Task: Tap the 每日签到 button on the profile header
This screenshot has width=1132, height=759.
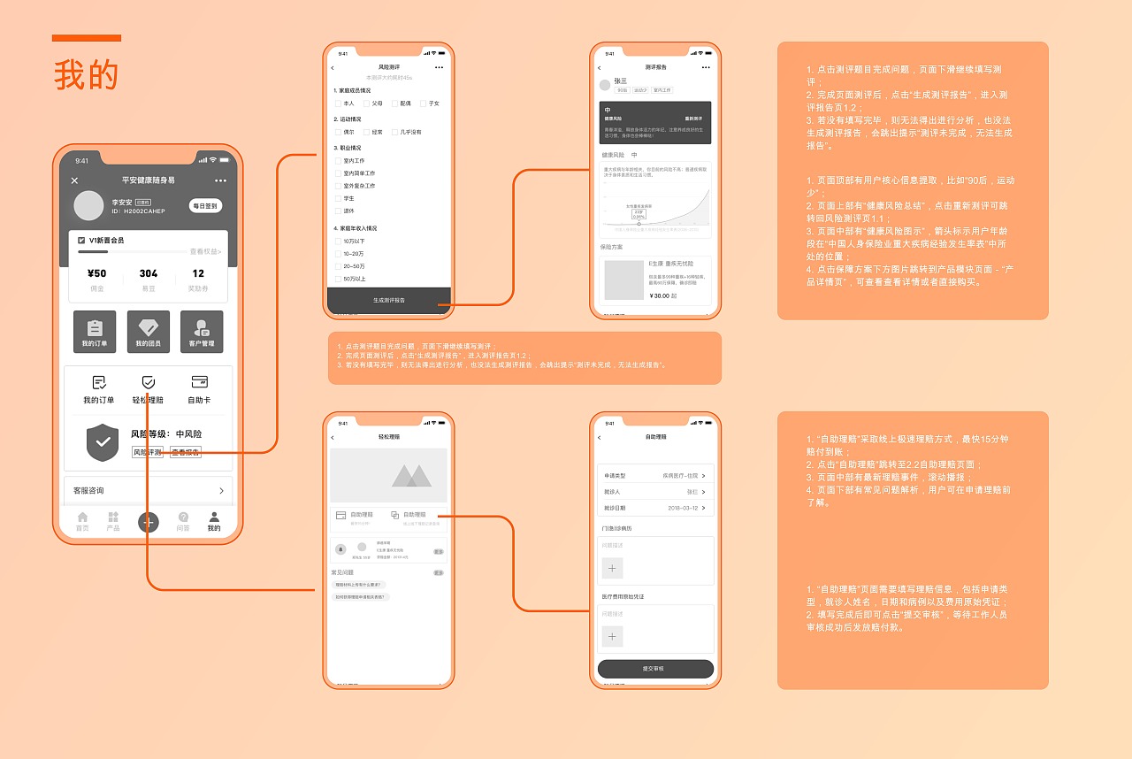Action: coord(206,206)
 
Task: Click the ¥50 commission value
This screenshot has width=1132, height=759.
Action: coord(97,273)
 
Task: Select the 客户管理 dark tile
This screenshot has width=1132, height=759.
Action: coord(202,332)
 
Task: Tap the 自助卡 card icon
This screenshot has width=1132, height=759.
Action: coord(199,382)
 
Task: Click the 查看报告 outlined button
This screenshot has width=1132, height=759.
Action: coord(186,452)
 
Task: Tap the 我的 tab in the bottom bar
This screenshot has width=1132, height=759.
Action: coord(214,521)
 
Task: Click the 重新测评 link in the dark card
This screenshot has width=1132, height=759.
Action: coord(693,118)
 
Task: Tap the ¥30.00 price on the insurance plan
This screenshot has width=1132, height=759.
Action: coord(659,295)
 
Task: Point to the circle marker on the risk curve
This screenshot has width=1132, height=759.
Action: coord(639,224)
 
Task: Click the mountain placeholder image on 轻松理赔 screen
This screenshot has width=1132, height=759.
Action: coord(389,476)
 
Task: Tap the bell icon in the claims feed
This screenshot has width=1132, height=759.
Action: coord(340,549)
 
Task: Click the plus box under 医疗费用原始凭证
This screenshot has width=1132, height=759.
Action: coord(613,636)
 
